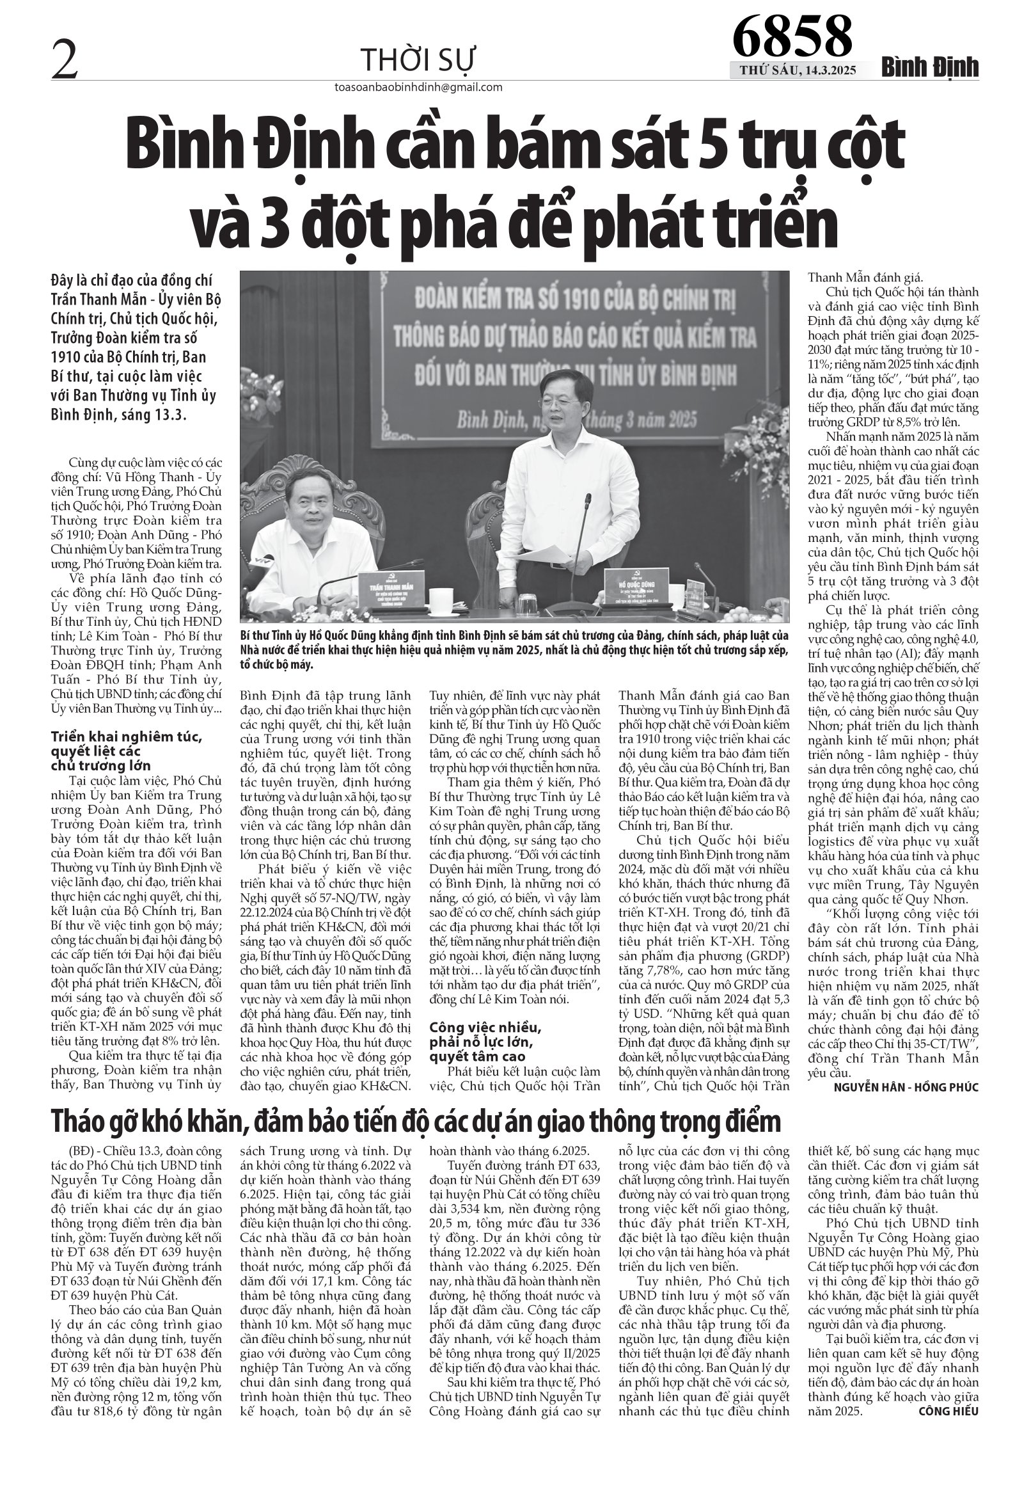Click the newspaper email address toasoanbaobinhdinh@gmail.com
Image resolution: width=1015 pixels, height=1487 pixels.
[x=418, y=88]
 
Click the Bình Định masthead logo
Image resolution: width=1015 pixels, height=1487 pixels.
[x=931, y=68]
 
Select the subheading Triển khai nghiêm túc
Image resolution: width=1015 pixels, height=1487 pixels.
[x=127, y=737]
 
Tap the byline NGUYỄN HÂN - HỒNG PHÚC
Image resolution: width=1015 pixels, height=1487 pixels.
[x=907, y=1086]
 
